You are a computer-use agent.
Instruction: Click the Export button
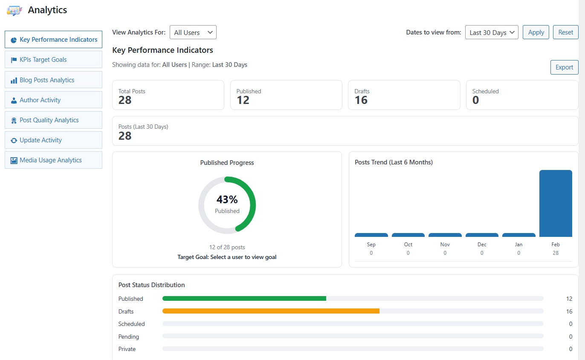click(x=564, y=67)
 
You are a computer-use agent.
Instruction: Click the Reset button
click(x=565, y=32)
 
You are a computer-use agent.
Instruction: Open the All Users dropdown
click(x=193, y=32)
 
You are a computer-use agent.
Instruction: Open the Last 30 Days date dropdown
click(x=492, y=32)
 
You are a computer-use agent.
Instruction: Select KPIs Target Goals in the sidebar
click(x=53, y=60)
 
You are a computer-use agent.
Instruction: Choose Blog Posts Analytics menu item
click(x=53, y=80)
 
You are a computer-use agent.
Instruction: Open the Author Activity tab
click(x=53, y=100)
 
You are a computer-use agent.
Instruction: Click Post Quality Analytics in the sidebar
click(x=53, y=120)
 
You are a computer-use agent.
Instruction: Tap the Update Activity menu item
click(x=53, y=140)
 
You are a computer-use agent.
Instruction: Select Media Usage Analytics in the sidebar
click(x=53, y=160)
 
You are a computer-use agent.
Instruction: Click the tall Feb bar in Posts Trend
click(x=555, y=203)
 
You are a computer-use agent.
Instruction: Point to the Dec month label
click(x=482, y=245)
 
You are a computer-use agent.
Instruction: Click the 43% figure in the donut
click(x=227, y=199)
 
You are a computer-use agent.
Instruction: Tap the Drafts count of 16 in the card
click(x=361, y=100)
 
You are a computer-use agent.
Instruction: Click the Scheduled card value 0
click(x=475, y=100)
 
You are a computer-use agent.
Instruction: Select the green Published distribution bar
click(x=244, y=299)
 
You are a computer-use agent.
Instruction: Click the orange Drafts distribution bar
click(x=271, y=311)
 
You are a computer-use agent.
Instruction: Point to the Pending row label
click(x=129, y=337)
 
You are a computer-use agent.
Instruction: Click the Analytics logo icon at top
click(x=14, y=10)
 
